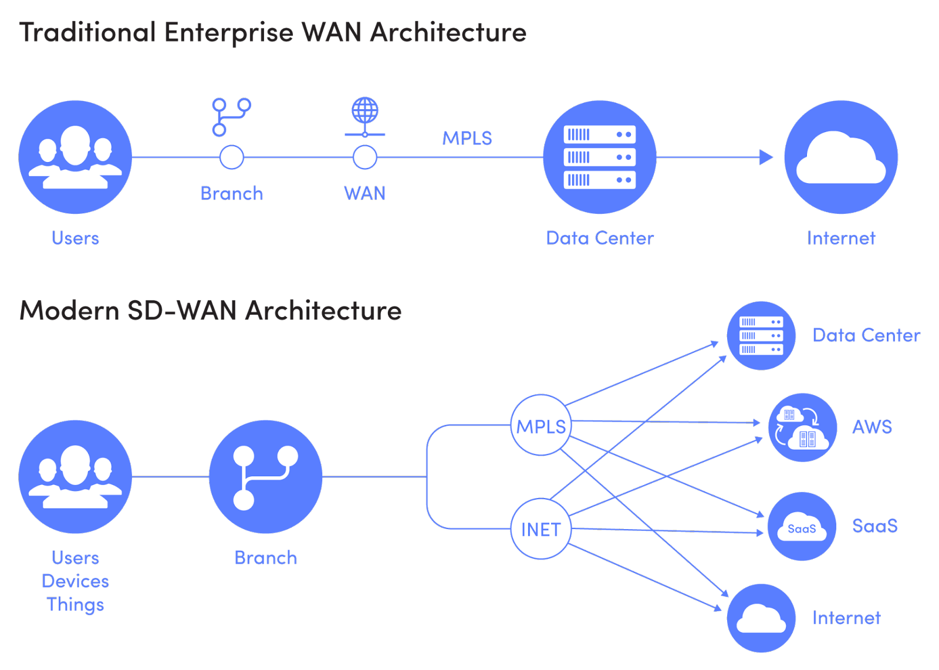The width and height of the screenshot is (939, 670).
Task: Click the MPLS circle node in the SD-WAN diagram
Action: tap(541, 425)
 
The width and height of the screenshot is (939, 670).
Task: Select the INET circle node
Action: tap(541, 529)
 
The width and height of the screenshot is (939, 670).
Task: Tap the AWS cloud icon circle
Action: tap(802, 427)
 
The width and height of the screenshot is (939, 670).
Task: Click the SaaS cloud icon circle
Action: tap(802, 527)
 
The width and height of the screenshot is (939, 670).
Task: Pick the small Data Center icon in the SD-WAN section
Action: tap(761, 336)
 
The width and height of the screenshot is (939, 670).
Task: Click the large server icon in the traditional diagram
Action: tap(599, 157)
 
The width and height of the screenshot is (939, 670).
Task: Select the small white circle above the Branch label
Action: tap(232, 157)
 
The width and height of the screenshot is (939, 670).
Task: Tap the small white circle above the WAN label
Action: tap(365, 157)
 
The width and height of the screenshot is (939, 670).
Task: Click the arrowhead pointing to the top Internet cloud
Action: tap(766, 157)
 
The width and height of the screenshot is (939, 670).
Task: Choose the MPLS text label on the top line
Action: tap(467, 139)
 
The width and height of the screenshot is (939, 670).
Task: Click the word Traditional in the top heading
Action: tap(87, 32)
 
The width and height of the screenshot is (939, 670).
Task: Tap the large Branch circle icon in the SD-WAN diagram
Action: tap(265, 477)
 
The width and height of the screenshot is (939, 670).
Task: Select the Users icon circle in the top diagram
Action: tap(75, 157)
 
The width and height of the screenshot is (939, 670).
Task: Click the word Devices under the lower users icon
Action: tap(76, 581)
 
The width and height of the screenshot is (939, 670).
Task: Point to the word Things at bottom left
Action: tap(75, 605)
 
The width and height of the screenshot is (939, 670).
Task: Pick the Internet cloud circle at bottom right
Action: tap(761, 618)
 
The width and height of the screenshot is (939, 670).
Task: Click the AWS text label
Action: tap(872, 427)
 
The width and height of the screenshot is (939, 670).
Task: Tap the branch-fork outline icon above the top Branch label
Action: tap(231, 117)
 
